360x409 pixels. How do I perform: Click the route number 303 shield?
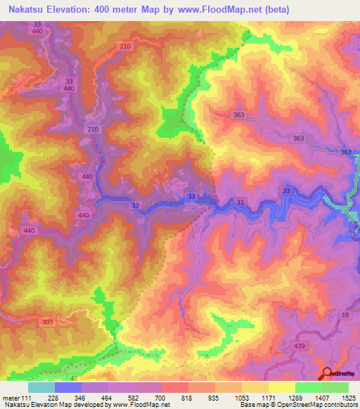pyautogui.click(x=47, y=322)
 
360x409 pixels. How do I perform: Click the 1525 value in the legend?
pyautogui.click(x=348, y=398)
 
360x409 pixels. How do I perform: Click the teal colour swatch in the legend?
pyautogui.click(x=41, y=387)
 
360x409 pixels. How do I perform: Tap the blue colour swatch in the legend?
pyautogui.click(x=67, y=387)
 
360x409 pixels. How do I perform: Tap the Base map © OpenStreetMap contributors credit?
pyautogui.click(x=297, y=405)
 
